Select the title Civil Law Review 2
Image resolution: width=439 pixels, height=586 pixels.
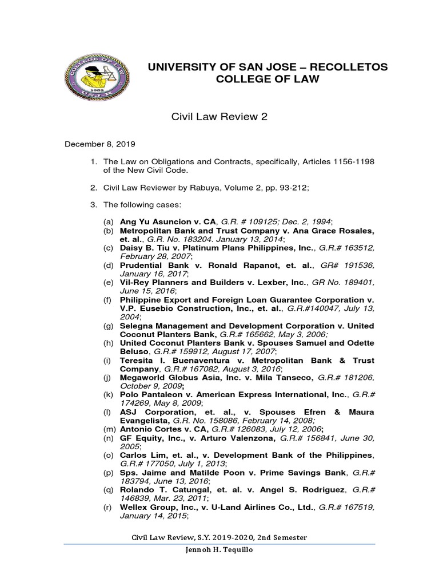coord(219,117)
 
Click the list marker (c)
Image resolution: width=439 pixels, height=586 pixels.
coord(108,248)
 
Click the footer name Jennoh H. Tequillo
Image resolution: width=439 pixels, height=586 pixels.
coord(219,550)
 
